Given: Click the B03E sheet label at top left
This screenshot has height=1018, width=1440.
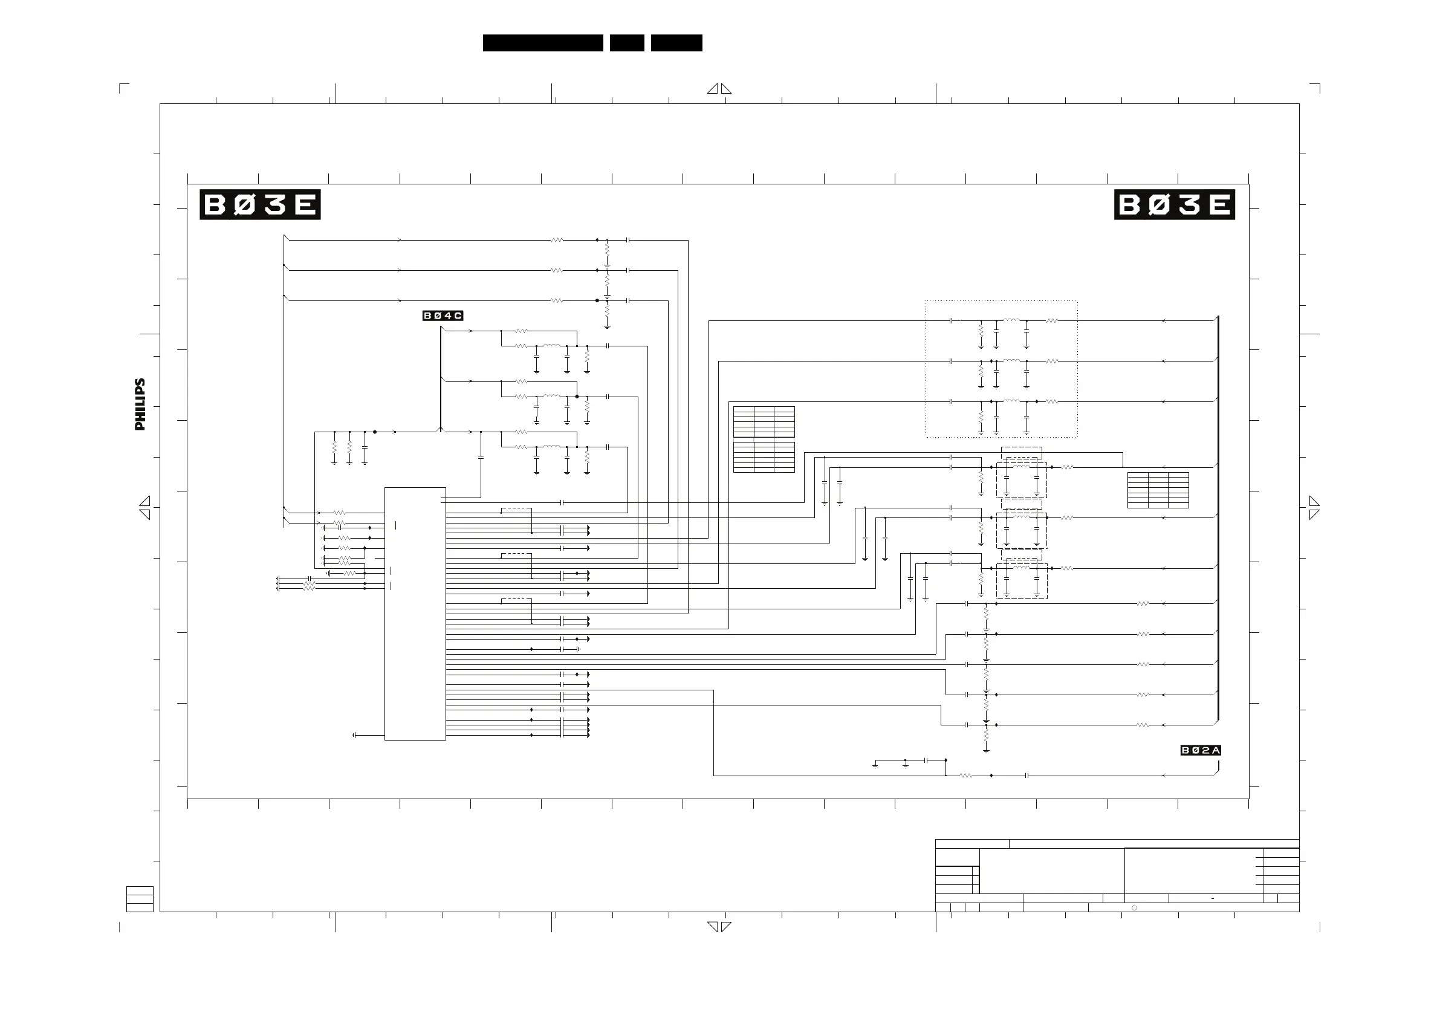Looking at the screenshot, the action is pyautogui.click(x=260, y=204).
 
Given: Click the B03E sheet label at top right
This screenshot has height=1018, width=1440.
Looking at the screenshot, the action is pyautogui.click(x=1174, y=204).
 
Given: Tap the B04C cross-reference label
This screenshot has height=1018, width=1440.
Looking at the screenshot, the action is pyautogui.click(x=442, y=316).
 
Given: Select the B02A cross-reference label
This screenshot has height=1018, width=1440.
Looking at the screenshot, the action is pyautogui.click(x=1201, y=750).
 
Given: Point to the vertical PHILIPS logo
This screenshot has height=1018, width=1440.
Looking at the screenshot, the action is pyautogui.click(x=140, y=404).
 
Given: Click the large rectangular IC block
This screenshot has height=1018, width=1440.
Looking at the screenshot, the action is pyautogui.click(x=415, y=614).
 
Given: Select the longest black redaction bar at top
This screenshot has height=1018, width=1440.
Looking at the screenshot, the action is pyautogui.click(x=542, y=43).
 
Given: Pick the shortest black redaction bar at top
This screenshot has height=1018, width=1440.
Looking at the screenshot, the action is pyautogui.click(x=626, y=43).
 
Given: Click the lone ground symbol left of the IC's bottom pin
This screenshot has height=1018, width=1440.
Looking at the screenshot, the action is pyautogui.click(x=354, y=735).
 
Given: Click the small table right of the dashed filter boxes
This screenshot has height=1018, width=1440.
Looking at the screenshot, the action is pyautogui.click(x=1158, y=490).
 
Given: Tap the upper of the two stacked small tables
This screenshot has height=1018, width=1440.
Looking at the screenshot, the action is pyautogui.click(x=764, y=421).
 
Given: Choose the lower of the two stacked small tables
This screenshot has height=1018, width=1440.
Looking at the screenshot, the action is pyautogui.click(x=764, y=457).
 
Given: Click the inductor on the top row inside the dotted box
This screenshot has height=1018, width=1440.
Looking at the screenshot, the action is pyautogui.click(x=1011, y=320).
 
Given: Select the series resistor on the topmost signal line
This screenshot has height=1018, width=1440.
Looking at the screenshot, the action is pyautogui.click(x=556, y=239).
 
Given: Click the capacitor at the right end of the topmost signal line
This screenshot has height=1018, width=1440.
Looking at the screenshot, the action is pyautogui.click(x=627, y=239).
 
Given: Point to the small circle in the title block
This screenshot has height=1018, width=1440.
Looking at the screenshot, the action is pyautogui.click(x=1134, y=907).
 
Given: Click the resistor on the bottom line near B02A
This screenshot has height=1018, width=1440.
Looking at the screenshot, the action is pyautogui.click(x=966, y=776).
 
